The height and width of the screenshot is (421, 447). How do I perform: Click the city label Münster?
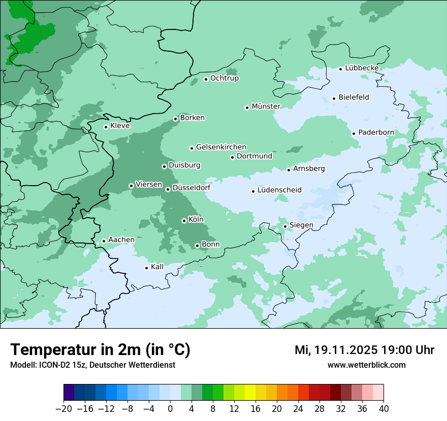(x=266, y=107)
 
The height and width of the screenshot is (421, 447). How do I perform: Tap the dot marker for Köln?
(x=184, y=221)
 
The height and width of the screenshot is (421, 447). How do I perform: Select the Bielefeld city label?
(x=354, y=97)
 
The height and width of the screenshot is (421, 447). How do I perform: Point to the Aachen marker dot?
(x=104, y=241)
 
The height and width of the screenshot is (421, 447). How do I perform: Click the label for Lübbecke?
(x=362, y=68)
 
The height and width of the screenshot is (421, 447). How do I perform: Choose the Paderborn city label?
(x=376, y=133)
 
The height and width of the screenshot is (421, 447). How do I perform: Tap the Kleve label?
(x=120, y=126)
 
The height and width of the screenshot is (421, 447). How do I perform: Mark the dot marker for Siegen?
(x=285, y=226)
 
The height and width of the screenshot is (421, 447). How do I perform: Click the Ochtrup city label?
(x=224, y=78)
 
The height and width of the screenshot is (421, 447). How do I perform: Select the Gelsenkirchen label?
(x=221, y=147)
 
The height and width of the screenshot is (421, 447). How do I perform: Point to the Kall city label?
(x=157, y=267)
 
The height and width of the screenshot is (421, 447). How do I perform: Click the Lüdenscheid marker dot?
(x=253, y=191)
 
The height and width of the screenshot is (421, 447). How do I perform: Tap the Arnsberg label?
(x=309, y=168)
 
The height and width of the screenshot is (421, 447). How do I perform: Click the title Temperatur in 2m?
(x=100, y=350)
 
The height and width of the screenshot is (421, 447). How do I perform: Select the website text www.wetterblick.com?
(x=366, y=365)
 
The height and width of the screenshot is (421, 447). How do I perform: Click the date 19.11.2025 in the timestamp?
(x=345, y=350)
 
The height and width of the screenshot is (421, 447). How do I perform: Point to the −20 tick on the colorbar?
(x=63, y=409)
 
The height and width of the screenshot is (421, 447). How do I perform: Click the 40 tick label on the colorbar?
(x=384, y=409)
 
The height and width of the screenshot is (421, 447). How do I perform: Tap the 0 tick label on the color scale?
(x=170, y=409)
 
